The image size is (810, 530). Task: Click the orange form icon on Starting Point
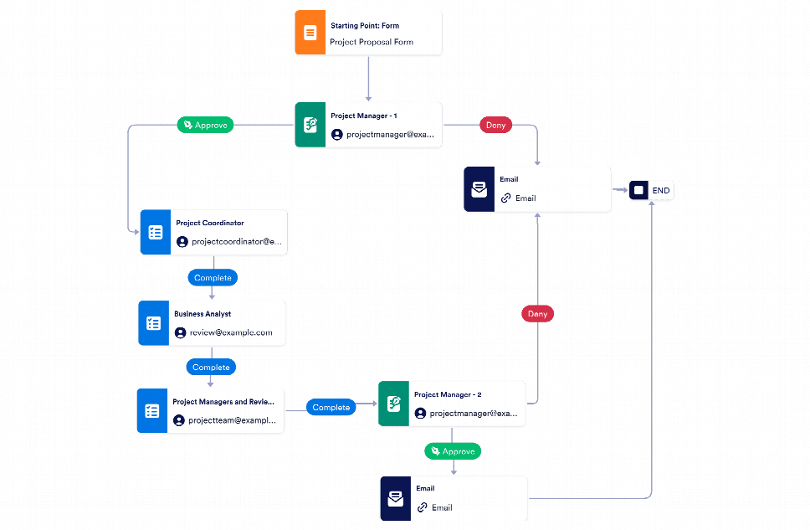[x=310, y=33]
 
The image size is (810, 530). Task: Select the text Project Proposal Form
[x=372, y=42]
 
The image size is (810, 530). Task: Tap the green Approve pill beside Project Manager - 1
[x=206, y=125]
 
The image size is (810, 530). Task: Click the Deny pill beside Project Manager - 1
[x=495, y=125]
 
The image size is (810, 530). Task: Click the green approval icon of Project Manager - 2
[x=393, y=404]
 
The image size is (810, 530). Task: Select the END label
[x=661, y=191]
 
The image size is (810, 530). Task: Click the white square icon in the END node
[x=639, y=191]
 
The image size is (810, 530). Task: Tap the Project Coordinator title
[x=210, y=223]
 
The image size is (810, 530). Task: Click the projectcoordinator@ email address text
[x=238, y=242]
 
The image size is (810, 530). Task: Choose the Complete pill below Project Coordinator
[x=212, y=277]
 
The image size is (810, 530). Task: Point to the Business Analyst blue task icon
[x=153, y=323]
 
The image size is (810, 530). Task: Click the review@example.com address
[x=231, y=332]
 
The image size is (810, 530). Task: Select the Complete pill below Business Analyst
[x=211, y=367]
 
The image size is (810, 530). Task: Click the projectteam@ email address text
[x=232, y=420]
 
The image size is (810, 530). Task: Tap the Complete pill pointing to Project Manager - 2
[x=331, y=408]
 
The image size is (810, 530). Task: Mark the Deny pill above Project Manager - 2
[x=537, y=314]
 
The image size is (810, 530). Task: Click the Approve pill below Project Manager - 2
[x=453, y=451]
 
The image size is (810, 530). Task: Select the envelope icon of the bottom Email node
[x=395, y=498]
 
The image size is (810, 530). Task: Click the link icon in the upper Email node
[x=505, y=198]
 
